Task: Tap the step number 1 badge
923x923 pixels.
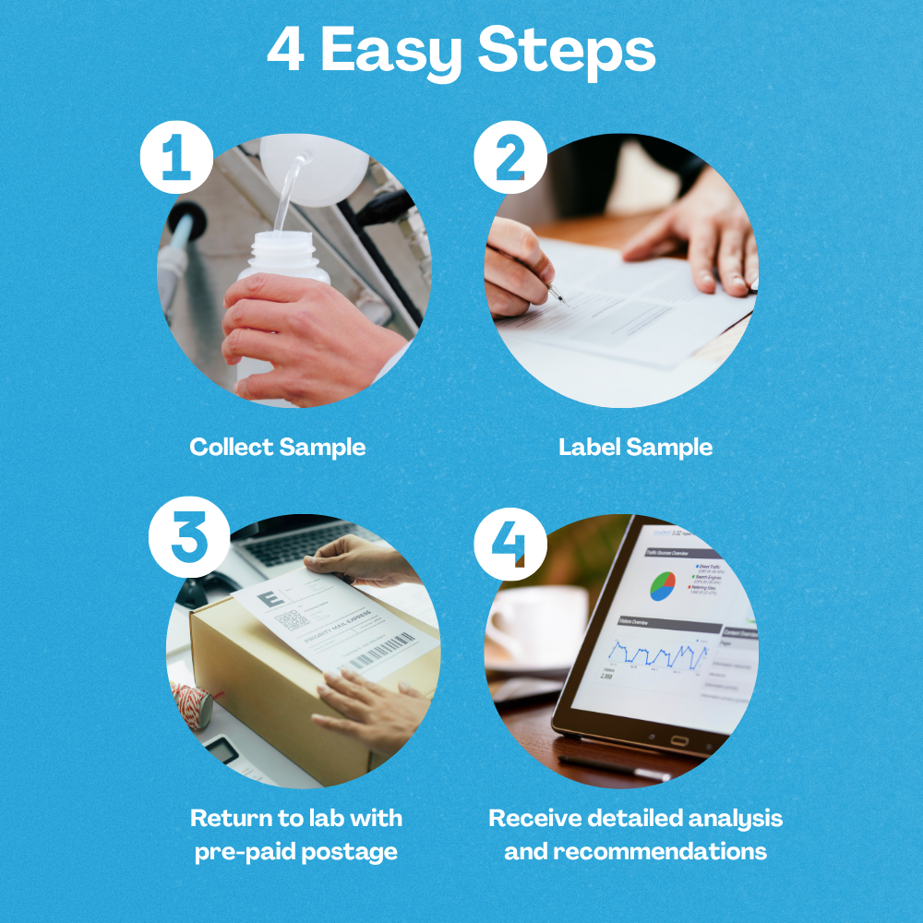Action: [176, 157]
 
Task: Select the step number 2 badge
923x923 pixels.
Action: [510, 157]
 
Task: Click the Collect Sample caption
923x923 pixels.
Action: [277, 448]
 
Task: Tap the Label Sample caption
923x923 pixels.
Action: [635, 448]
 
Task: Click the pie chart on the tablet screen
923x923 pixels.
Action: [663, 585]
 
